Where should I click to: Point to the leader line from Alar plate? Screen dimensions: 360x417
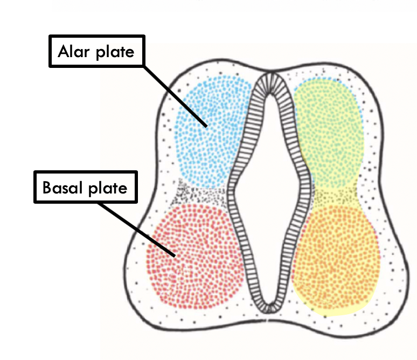tap(172, 94)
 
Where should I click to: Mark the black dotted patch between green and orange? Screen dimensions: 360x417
tap(331, 195)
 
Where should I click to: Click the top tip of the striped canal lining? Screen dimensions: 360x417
tap(268, 76)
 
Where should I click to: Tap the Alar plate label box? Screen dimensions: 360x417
tap(97, 52)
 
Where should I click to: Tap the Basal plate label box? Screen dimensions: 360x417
tap(86, 188)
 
